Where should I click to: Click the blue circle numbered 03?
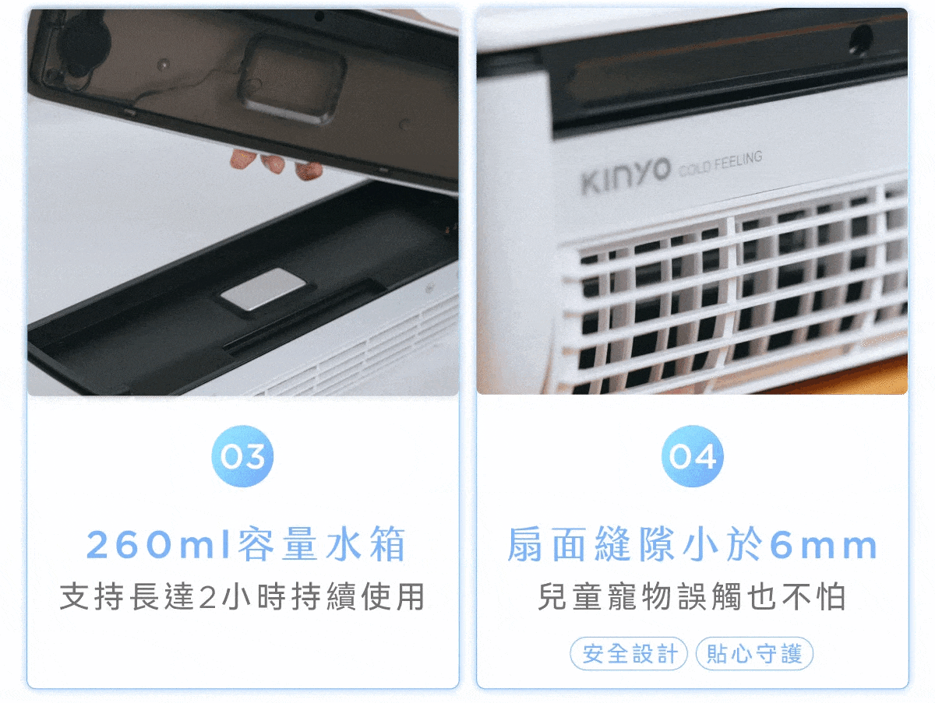242,456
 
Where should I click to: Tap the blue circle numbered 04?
692,456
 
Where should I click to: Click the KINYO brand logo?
625,177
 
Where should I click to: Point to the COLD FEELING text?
721,163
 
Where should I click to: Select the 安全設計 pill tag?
629,654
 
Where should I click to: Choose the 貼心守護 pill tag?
754,654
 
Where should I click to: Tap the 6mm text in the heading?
824,546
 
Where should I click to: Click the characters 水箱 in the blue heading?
365,544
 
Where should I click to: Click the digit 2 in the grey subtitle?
207,597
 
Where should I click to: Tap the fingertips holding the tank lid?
276,163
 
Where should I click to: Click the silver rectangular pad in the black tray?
263,289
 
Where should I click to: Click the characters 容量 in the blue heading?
277,544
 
